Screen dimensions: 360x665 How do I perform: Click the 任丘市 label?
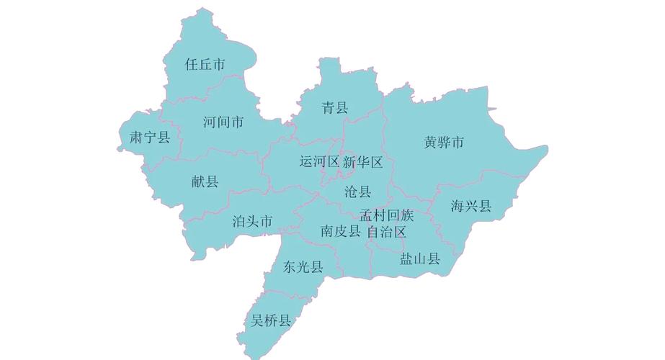[x=205, y=65]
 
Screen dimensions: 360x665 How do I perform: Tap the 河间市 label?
[x=223, y=122]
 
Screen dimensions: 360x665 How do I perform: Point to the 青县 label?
[x=334, y=108]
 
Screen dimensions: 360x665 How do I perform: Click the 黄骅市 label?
[x=445, y=143]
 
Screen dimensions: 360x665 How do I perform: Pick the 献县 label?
[x=205, y=181]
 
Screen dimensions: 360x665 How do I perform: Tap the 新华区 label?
[x=362, y=162]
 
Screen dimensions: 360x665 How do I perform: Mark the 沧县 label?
[x=357, y=192]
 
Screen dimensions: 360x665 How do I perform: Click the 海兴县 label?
[x=471, y=207]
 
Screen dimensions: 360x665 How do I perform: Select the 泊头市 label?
[x=252, y=221]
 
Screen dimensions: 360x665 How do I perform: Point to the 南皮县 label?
[x=341, y=231]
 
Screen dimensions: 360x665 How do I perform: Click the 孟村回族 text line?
[x=387, y=215]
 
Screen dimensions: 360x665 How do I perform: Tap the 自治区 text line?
[x=387, y=232]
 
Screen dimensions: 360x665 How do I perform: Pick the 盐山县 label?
[x=420, y=259]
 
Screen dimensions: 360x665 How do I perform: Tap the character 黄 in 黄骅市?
[x=432, y=143]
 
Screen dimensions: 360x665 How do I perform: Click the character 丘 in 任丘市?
[x=205, y=65]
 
